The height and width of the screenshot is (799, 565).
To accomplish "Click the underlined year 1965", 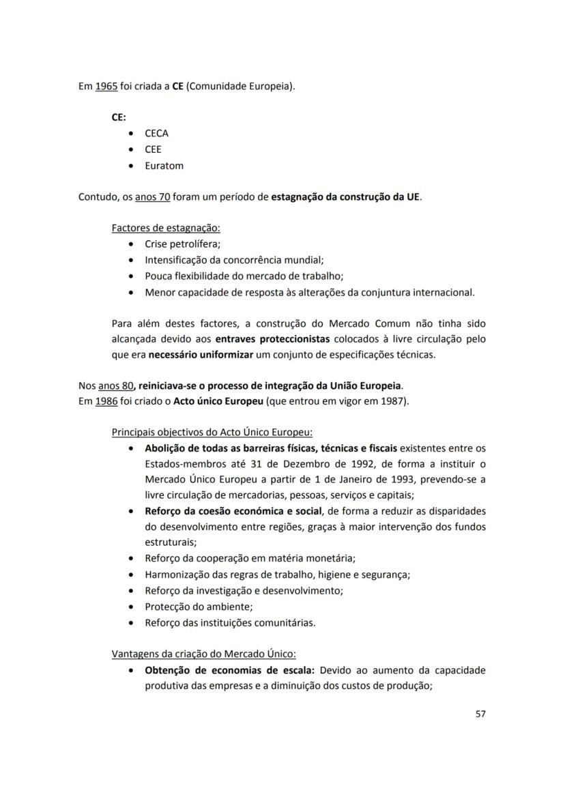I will tap(106, 87).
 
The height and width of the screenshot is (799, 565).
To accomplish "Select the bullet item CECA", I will tap(156, 133).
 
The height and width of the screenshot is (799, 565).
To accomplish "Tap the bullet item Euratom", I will tap(164, 165).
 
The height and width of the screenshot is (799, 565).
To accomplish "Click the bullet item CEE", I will tap(153, 149).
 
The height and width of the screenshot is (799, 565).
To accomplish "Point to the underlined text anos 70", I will tap(152, 197).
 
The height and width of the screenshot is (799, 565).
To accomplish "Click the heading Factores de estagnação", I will tap(166, 228).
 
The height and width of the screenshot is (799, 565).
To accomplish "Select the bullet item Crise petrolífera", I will tap(182, 244).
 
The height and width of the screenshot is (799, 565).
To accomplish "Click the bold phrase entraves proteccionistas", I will tap(272, 338).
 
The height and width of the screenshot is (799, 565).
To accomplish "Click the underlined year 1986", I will tap(106, 401).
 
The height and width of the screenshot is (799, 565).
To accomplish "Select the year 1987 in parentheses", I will tap(392, 401).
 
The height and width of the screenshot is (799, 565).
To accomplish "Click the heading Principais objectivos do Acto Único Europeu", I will tap(212, 432).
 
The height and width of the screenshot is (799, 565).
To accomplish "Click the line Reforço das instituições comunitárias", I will tap(230, 622).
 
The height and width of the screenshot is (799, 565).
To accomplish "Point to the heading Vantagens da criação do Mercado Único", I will tap(203, 654).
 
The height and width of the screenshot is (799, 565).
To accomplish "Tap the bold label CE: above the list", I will tap(119, 117).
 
